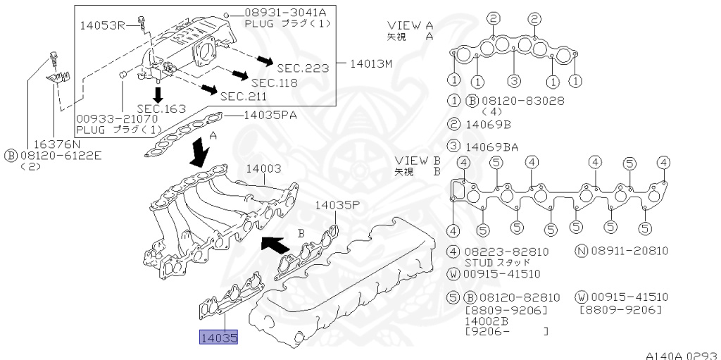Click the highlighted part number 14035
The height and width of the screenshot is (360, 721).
point(219,339)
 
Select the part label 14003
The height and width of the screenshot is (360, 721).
point(263,169)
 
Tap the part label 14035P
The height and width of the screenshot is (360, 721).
point(337,205)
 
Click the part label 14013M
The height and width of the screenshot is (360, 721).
point(371,63)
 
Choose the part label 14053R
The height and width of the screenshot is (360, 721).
point(101,25)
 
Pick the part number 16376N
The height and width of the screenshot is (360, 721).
point(54,142)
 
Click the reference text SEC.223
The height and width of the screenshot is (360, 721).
point(303,68)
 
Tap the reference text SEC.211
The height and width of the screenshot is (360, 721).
point(243,96)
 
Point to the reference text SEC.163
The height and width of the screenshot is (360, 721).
point(161,108)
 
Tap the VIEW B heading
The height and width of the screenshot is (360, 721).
point(418,160)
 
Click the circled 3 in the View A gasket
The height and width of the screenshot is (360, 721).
point(515,80)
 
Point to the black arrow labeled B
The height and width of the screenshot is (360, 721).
point(275,244)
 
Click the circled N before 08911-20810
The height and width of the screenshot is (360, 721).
point(582,251)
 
